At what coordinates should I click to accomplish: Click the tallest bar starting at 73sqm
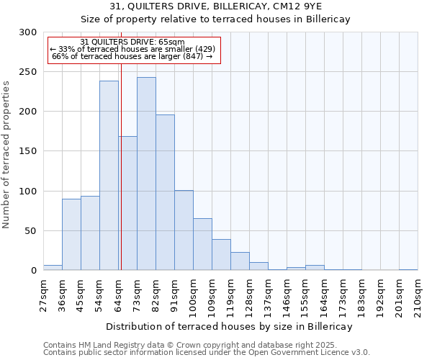146,174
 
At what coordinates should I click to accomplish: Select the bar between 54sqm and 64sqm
109,176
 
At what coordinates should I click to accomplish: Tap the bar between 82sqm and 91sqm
165,192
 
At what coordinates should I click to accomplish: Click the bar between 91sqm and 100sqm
184,230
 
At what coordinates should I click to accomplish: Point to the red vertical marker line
121,166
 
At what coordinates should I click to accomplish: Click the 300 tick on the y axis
29,32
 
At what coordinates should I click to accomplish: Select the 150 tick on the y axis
29,151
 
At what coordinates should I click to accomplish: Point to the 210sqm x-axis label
418,295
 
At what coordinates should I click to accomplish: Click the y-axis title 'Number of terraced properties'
6,154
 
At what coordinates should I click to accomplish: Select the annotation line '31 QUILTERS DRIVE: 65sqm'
132,42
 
